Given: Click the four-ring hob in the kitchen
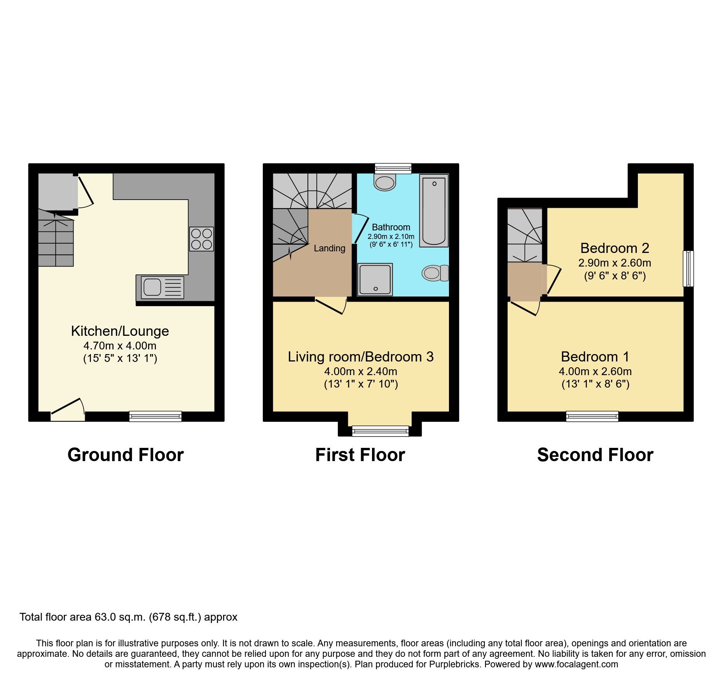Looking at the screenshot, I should pyautogui.click(x=201, y=239).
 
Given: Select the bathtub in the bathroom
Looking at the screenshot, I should pyautogui.click(x=434, y=211).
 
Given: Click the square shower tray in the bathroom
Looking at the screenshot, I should pyautogui.click(x=375, y=279).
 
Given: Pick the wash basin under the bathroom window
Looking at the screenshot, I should pyautogui.click(x=384, y=182).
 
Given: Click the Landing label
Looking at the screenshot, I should pyautogui.click(x=329, y=248).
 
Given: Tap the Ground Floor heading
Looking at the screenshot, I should pyautogui.click(x=125, y=455).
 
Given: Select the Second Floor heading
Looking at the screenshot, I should pyautogui.click(x=595, y=455).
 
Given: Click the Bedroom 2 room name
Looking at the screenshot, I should pyautogui.click(x=615, y=248).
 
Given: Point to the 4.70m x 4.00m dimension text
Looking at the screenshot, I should pyautogui.click(x=120, y=346).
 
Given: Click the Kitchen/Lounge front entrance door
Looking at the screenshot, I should pyautogui.click(x=68, y=411).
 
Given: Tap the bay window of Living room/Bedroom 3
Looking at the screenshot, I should pyautogui.click(x=380, y=431).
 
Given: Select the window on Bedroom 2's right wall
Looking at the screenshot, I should pyautogui.click(x=688, y=268).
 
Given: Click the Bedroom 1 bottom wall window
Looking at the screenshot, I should pyautogui.click(x=592, y=416).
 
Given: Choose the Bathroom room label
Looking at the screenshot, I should pyautogui.click(x=391, y=227).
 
